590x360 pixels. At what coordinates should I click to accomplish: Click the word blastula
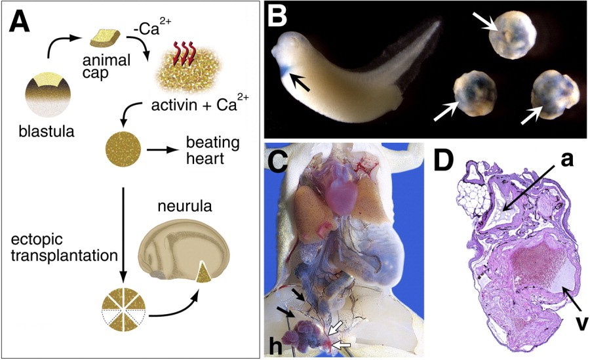[47, 132]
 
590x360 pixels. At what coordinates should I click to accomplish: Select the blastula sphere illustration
[48, 95]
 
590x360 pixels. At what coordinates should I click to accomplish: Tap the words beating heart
[212, 151]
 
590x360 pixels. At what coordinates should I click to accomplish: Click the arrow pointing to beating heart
[162, 150]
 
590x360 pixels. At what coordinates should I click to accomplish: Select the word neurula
[185, 207]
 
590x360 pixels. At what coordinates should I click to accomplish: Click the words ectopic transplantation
[64, 248]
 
